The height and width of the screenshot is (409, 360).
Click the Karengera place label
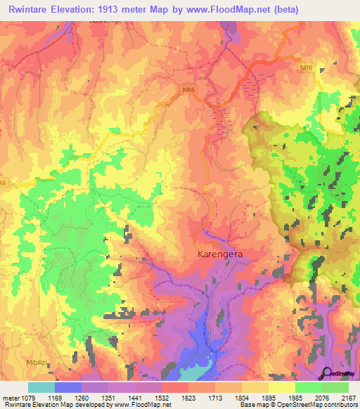215,257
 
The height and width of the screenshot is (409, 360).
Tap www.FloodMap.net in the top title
229,9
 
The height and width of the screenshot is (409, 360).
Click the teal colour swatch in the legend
41,387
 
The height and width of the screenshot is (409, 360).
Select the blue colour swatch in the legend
67,387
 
